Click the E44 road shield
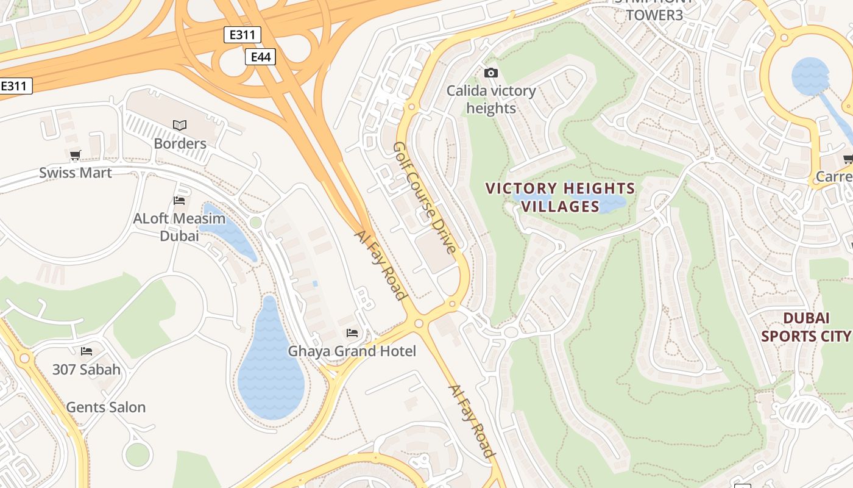(260, 57)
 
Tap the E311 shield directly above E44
(242, 35)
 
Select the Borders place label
(180, 143)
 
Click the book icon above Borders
(179, 125)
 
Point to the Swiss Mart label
(76, 173)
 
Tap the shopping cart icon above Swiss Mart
(75, 155)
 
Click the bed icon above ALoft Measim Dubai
(179, 200)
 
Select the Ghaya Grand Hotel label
(352, 351)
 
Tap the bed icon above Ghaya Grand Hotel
(352, 333)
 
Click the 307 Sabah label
(87, 370)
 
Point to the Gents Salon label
(105, 407)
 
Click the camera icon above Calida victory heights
(490, 73)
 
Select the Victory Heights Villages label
(560, 197)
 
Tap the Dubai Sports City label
(805, 327)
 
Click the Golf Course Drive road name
(425, 198)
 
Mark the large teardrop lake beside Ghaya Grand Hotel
(270, 366)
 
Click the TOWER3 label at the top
(654, 15)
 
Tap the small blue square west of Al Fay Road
(315, 284)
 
